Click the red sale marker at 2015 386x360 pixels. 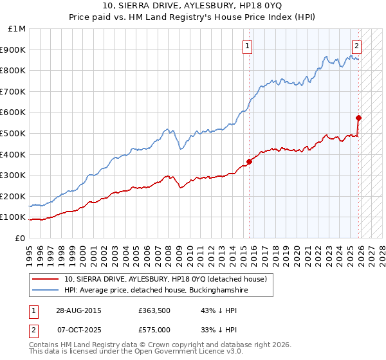tap(249, 161)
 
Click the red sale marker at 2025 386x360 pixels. tap(358, 118)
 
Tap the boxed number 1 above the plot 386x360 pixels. tap(248, 46)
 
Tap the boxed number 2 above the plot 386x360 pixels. tap(356, 46)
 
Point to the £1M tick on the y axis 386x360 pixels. tap(17, 29)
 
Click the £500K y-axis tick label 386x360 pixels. tap(14, 133)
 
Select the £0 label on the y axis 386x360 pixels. tap(20, 238)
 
